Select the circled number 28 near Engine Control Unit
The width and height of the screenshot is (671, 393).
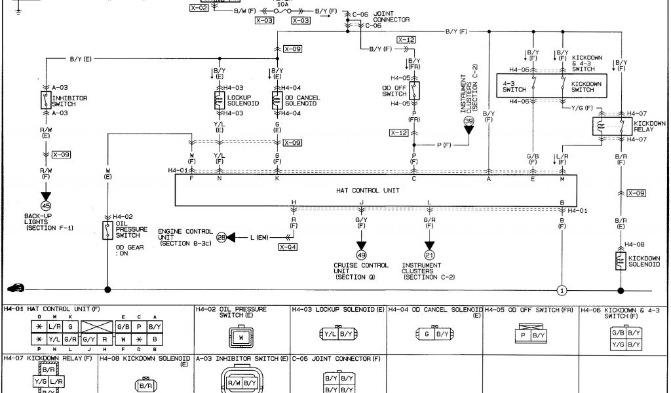pyautogui.click(x=221, y=237)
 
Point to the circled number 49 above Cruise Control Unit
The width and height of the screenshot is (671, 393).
pyautogui.click(x=361, y=255)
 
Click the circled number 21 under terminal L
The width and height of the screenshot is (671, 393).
pyautogui.click(x=429, y=255)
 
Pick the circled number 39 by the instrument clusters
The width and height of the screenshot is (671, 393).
pyautogui.click(x=469, y=121)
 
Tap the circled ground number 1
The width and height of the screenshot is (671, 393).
pyautogui.click(x=562, y=290)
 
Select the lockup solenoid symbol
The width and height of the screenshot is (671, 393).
pyautogui.click(x=219, y=100)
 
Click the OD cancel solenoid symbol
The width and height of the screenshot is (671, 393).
pyautogui.click(x=277, y=100)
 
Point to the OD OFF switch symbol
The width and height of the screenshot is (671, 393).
pyautogui.click(x=414, y=90)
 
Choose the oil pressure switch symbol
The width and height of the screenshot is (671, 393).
pyautogui.click(x=107, y=229)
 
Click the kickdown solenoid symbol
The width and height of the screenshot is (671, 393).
pyautogui.click(x=620, y=260)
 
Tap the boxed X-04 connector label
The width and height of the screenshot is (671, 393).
pyautogui.click(x=288, y=247)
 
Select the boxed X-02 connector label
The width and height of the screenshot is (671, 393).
pyautogui.click(x=199, y=8)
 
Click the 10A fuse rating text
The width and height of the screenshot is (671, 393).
pyautogui.click(x=283, y=4)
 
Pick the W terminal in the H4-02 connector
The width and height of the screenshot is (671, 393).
pyautogui.click(x=241, y=338)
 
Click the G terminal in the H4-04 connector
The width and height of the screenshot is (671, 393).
pyautogui.click(x=427, y=334)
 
